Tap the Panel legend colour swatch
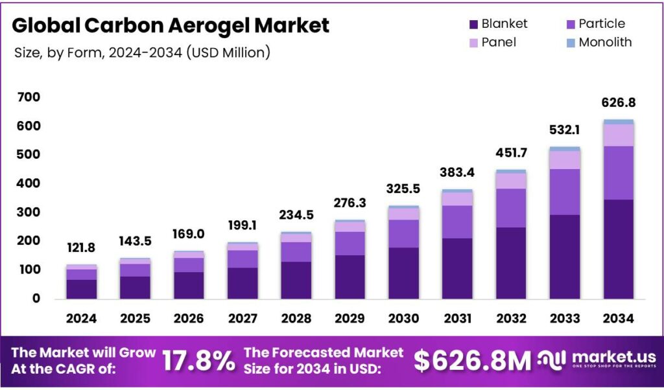(x=473, y=43)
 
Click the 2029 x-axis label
(x=350, y=318)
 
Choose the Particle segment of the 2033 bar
(x=564, y=192)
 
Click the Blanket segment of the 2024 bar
(x=81, y=289)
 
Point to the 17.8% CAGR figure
(x=198, y=360)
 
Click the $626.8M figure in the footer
(x=472, y=360)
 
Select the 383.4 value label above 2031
(x=457, y=172)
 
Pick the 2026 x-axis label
(x=189, y=318)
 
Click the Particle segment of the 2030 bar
(x=403, y=233)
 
